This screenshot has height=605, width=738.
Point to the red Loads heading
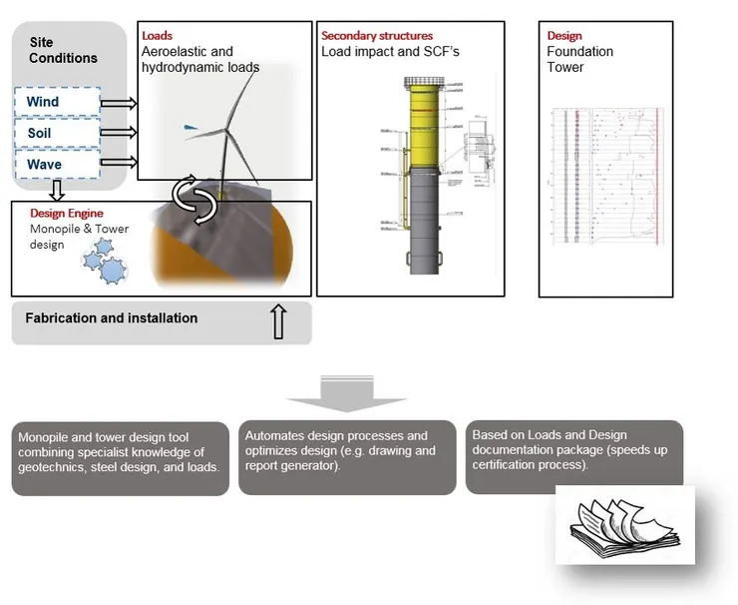[157, 36]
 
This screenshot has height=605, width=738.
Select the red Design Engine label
[66, 214]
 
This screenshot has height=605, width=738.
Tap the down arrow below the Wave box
[56, 190]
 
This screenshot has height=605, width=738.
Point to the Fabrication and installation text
[113, 318]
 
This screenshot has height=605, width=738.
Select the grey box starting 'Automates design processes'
[348, 457]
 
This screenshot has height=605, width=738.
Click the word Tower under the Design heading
[564, 68]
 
